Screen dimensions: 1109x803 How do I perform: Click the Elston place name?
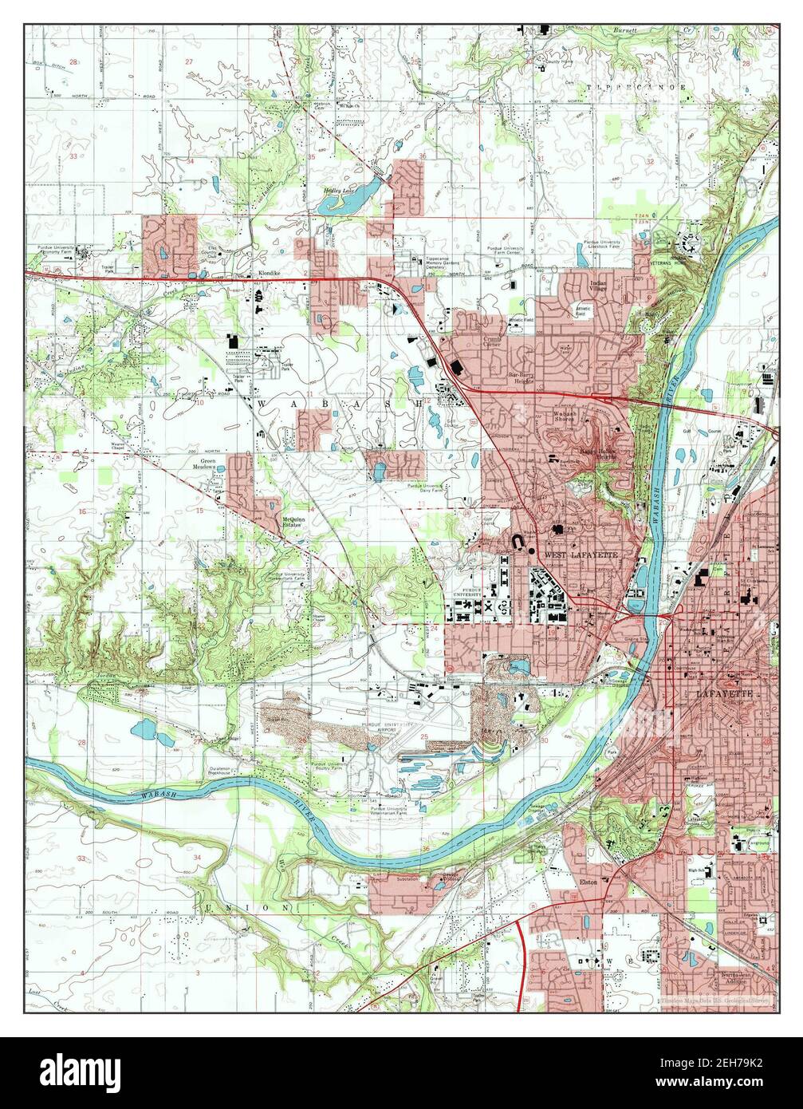[x=611, y=882]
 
